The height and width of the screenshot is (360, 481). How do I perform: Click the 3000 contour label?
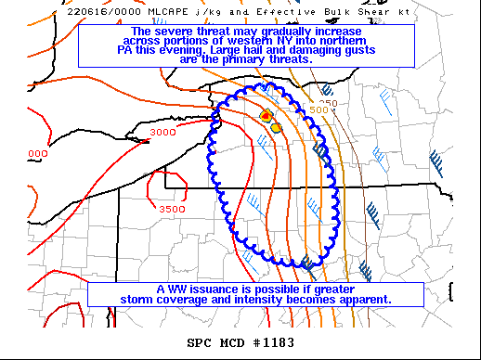[x=162, y=133]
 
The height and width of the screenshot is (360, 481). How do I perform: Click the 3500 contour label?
[x=172, y=210]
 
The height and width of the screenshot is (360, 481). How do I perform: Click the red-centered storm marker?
[x=266, y=116]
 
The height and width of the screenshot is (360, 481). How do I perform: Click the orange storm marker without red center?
[x=276, y=127]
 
